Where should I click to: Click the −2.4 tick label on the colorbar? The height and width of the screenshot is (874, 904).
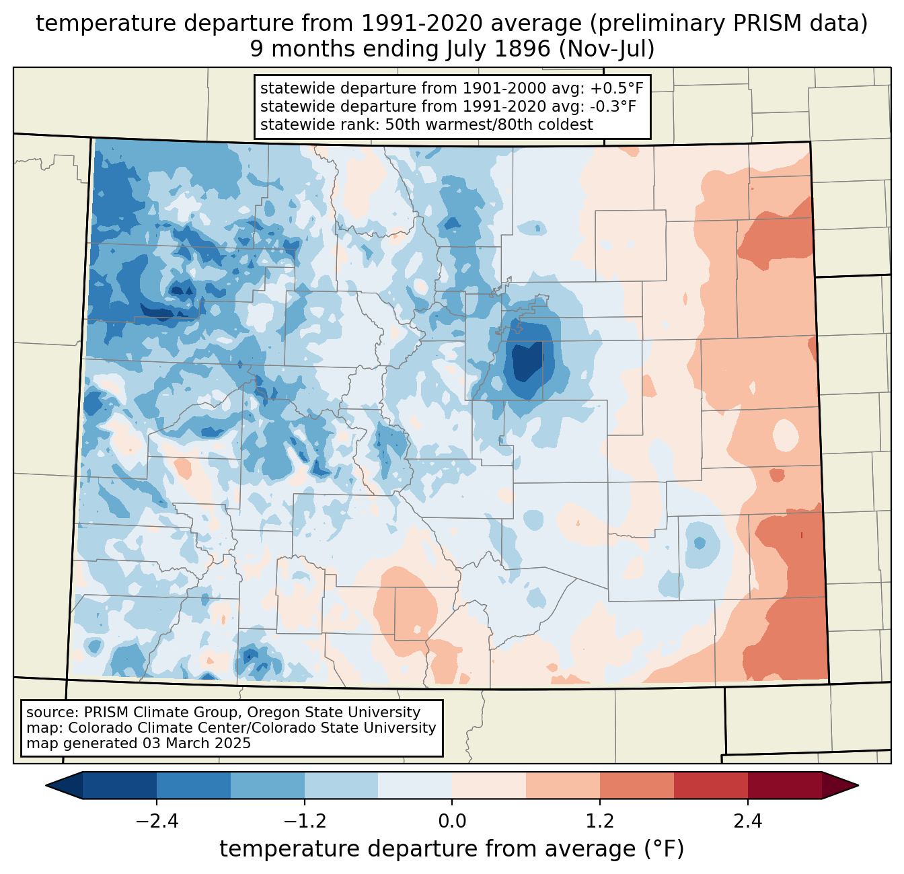point(156,822)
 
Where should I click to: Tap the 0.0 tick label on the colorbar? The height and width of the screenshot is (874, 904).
point(452,822)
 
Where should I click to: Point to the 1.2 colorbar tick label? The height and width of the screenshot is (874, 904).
point(600,822)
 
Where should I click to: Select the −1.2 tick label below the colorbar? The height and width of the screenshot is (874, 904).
point(304,822)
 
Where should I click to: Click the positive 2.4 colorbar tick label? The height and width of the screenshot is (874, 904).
point(747,822)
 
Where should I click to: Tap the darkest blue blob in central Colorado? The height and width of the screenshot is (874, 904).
point(528,363)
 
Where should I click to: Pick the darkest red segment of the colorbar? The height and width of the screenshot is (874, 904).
point(784,785)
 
